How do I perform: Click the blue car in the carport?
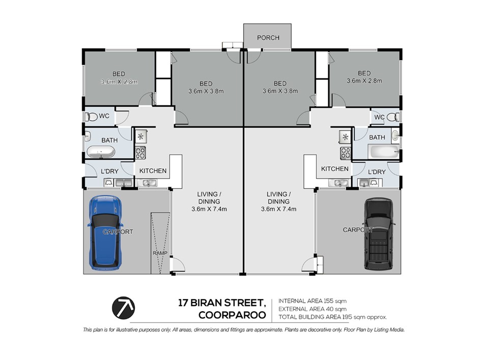105,233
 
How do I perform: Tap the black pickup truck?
379,234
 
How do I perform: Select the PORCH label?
268,38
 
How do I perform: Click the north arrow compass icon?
123,308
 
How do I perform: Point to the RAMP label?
160,253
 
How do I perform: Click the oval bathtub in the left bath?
101,152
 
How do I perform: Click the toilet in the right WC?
393,117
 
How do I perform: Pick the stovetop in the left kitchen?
140,153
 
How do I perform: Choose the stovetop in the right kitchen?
346,153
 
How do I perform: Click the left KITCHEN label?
153,171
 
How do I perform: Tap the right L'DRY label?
377,172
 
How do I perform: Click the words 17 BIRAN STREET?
222,303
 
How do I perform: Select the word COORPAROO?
232,315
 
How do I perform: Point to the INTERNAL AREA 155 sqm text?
313,301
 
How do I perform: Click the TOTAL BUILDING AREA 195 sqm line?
333,317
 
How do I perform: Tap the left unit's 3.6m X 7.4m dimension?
209,209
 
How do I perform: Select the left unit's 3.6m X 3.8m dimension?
206,91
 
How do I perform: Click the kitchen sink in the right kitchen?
338,183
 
